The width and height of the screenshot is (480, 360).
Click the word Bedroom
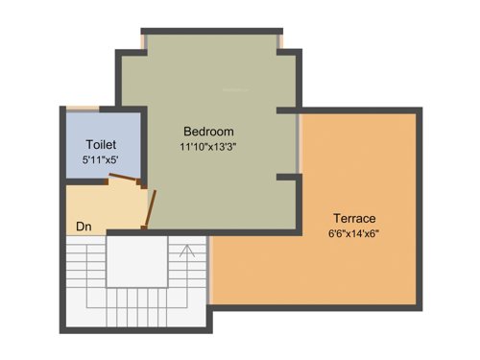click(208, 131)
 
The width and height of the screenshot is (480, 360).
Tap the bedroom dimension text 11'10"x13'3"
click(208, 147)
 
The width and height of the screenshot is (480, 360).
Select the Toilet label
click(101, 144)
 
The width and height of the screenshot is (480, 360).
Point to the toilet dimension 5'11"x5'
click(101, 159)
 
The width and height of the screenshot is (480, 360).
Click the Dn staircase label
click(84, 228)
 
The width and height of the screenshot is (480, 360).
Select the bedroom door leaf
click(150, 207)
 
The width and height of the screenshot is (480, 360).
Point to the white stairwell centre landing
click(135, 260)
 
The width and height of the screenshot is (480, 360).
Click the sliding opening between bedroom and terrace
click(300, 144)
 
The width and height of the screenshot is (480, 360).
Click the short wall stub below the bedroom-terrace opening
click(287, 178)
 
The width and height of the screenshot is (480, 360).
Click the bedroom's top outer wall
click(211, 31)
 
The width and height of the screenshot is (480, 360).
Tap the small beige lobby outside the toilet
click(96, 202)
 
